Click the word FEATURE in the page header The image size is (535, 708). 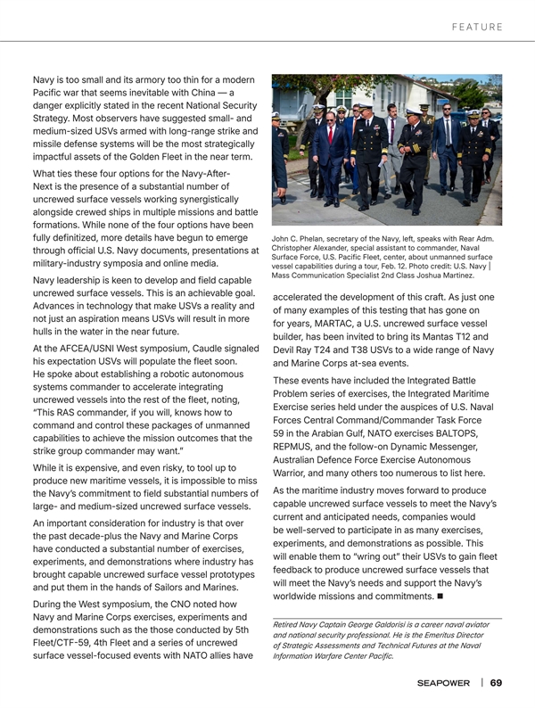(x=477, y=27)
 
